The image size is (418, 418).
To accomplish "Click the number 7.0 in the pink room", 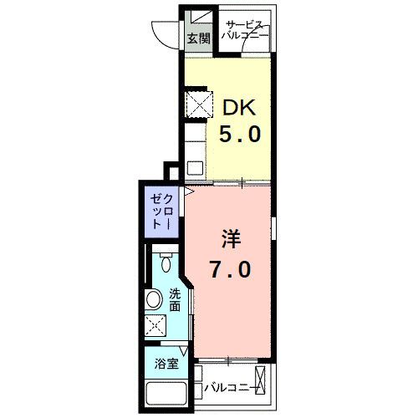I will point(231,270).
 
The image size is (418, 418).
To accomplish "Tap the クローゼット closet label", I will point(162,212).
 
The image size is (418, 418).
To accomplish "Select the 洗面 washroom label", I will point(175,300).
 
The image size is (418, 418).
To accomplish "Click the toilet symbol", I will point(166,263).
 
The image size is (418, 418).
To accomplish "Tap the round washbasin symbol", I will point(155,299).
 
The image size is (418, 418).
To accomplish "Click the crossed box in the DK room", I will point(198,107).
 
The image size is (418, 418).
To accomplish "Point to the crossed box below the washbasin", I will point(155,326).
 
